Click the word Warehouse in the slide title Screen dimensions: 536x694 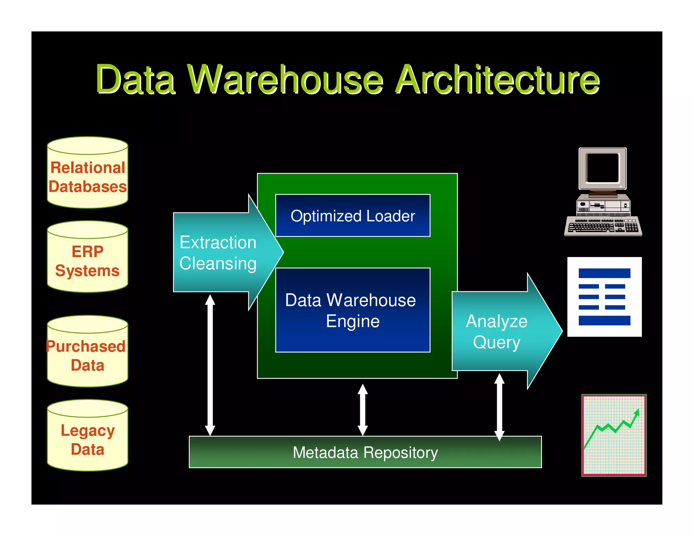(285, 80)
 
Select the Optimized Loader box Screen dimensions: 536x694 (352, 215)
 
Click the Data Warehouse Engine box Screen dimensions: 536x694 (352, 310)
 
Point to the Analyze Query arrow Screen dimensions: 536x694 (502, 331)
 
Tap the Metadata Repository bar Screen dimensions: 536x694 (365, 452)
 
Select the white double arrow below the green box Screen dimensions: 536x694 (363, 410)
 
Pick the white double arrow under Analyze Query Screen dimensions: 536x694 (499, 407)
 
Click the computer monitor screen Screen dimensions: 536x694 (603, 168)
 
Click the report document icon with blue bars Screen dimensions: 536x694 (604, 297)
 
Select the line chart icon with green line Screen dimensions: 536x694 (614, 435)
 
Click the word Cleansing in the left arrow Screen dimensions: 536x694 (218, 264)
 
